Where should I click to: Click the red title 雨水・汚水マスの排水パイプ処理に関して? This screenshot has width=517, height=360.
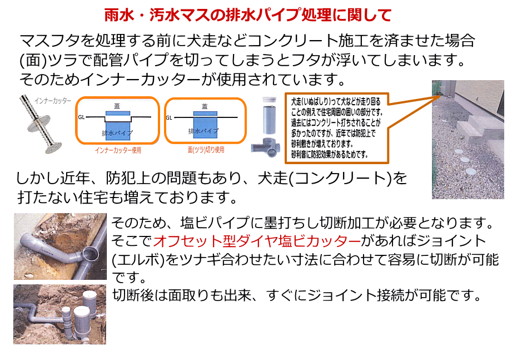[248, 15]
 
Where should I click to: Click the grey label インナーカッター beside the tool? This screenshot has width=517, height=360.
[53, 101]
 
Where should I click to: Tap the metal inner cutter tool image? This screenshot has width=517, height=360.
[40, 124]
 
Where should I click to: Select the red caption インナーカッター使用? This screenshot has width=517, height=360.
[118, 150]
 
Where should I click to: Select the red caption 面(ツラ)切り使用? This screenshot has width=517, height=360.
[206, 150]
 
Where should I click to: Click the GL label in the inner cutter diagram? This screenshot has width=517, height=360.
[81, 117]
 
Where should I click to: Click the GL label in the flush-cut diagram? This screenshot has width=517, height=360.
[169, 118]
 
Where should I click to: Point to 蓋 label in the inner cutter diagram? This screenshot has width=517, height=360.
[117, 106]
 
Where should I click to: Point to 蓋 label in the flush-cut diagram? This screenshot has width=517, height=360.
[205, 106]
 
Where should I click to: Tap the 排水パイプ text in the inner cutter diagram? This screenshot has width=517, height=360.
[117, 133]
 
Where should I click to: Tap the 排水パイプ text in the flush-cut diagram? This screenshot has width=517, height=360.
[204, 131]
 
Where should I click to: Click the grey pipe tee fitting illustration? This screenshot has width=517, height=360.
[266, 147]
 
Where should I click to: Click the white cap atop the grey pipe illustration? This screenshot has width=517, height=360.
[269, 100]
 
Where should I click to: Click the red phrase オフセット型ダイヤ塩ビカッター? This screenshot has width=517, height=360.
[257, 241]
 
